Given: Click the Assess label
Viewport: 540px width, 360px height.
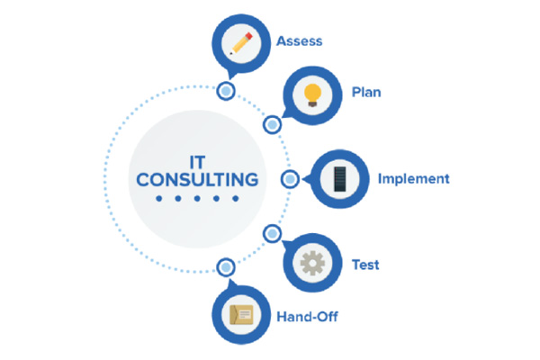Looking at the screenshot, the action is (x=300, y=41).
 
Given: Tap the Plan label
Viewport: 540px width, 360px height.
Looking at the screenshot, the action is (x=366, y=93).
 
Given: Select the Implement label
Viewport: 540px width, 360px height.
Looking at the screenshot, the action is (x=414, y=179).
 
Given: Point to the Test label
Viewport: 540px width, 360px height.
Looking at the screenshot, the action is (x=365, y=265).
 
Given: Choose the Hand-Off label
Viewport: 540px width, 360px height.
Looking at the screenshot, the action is (x=307, y=317).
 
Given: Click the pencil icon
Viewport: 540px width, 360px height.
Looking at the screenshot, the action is (x=241, y=43).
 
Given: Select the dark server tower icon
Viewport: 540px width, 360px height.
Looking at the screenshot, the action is (x=340, y=179).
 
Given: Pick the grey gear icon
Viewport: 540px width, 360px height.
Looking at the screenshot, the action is (x=312, y=263).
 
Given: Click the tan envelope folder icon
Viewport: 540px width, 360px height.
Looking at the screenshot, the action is (x=241, y=315).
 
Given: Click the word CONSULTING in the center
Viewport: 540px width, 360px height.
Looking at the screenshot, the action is (x=197, y=180).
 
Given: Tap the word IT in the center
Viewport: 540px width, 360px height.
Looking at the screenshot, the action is (x=198, y=162).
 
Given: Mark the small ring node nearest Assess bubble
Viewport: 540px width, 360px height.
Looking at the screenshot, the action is (x=226, y=91).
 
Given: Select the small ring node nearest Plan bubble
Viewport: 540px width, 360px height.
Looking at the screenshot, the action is (x=273, y=125).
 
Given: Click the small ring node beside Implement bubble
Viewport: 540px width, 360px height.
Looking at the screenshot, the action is (x=290, y=179).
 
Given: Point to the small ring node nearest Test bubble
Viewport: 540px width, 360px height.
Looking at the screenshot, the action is (x=273, y=234).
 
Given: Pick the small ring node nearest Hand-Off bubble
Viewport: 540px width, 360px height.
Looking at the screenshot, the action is (x=226, y=267).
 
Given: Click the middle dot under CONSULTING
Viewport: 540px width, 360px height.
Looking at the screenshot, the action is (x=197, y=198).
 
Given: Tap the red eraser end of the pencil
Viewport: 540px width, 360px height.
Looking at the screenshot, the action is (x=248, y=36).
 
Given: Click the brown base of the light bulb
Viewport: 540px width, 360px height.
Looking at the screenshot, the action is (x=312, y=103).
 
